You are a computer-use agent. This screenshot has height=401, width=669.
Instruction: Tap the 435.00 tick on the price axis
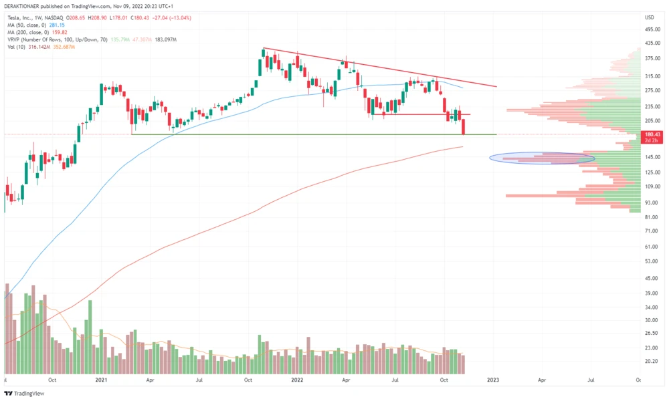tap(652, 43)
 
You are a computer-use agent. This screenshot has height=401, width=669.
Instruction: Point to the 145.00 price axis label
tap(652, 157)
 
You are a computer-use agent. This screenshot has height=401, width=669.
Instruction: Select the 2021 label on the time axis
tap(101, 380)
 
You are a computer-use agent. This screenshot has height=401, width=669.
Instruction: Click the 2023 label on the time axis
tap(492, 380)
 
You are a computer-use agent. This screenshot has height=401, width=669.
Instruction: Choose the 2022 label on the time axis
tap(296, 380)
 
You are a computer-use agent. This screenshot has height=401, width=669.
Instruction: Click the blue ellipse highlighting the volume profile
tap(541, 158)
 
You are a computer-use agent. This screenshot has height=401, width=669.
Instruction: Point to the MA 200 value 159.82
tap(62, 31)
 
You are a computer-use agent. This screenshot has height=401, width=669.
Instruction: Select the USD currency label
tap(648, 17)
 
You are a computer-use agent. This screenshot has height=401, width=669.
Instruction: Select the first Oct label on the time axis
tap(52, 380)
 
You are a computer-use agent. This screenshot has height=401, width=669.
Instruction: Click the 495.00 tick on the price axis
tap(652, 29)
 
